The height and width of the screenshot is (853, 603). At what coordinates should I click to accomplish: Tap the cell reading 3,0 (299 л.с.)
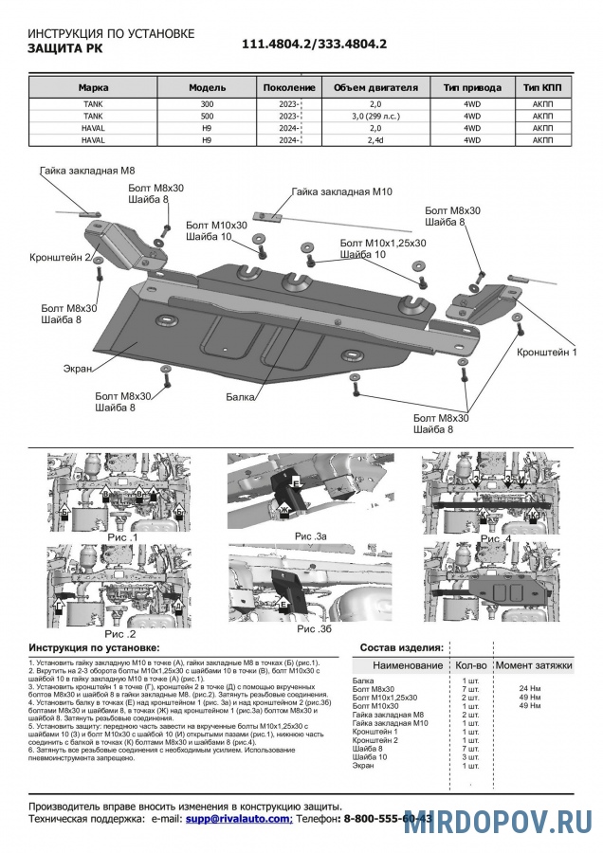point(375,117)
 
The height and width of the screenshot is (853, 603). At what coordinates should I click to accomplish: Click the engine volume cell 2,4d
point(375,139)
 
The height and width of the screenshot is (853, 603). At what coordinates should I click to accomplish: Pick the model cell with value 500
point(207,117)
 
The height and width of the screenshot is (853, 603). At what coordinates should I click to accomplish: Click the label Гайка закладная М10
point(342,191)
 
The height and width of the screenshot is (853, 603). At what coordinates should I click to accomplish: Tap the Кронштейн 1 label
point(547,352)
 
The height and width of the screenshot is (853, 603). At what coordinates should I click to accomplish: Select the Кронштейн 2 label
point(60,257)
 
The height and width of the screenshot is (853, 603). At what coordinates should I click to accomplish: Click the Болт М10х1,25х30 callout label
point(382,244)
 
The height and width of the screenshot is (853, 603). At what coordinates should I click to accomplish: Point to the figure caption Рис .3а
point(310,536)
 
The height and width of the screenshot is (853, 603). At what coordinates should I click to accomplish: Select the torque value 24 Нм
point(529,688)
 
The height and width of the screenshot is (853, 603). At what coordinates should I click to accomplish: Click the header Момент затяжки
point(535,666)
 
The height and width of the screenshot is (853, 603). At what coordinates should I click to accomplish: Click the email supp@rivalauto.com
point(238,817)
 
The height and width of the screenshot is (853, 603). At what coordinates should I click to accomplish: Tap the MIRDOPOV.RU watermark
point(499,822)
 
